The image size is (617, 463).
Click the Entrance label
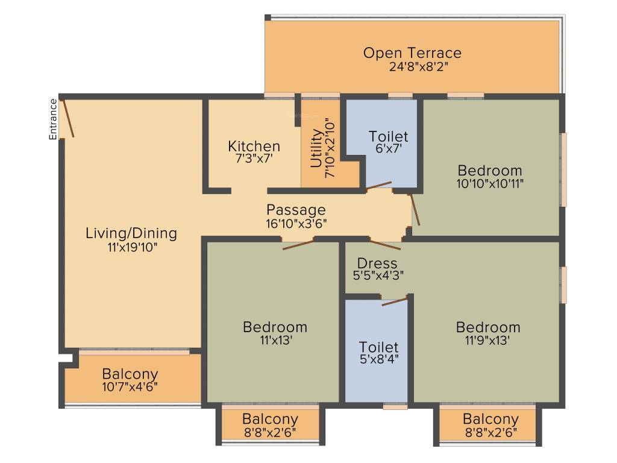click(53, 119)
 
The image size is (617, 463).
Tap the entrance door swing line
click(68, 119)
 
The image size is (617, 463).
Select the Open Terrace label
click(412, 53)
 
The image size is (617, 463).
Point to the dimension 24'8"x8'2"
click(418, 66)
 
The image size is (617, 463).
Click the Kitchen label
click(254, 146)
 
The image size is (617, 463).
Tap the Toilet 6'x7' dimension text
click(389, 148)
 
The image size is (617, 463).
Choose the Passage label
click(296, 210)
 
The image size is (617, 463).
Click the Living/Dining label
click(131, 233)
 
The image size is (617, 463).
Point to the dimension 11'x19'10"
click(132, 247)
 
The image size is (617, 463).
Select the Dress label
click(377, 263)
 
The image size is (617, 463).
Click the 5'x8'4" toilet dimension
click(379, 359)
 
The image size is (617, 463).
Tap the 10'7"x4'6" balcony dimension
click(130, 386)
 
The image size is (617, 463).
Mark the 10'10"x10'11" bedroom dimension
click(490, 183)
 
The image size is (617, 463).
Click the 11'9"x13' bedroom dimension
click(487, 340)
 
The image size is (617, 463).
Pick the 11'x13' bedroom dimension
click(275, 340)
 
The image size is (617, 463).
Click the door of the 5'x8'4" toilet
click(395, 302)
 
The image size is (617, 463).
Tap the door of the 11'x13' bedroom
click(298, 245)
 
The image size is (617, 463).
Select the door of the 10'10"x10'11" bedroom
click(415, 209)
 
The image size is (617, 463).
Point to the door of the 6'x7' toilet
click(379, 186)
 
